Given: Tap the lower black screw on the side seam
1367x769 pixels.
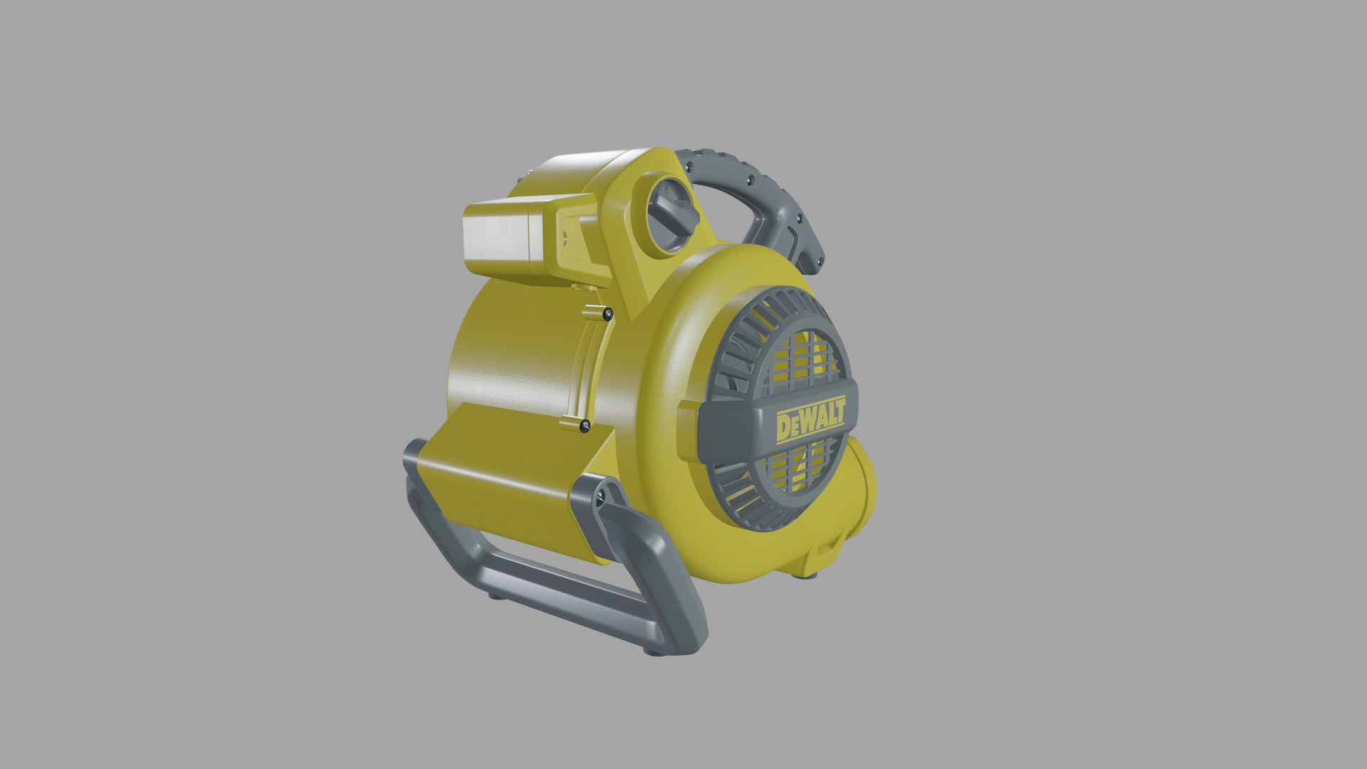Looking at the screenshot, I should [585, 426].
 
